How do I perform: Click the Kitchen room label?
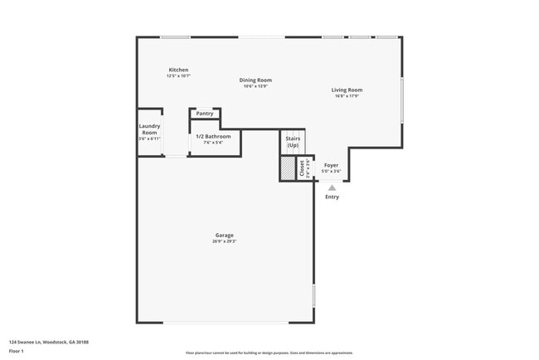click(x=178, y=70)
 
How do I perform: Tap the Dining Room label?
click(x=258, y=80)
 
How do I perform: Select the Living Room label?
click(x=347, y=90)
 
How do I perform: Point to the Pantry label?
click(x=205, y=114)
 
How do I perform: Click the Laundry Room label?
click(x=149, y=129)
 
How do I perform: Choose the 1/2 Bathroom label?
click(x=213, y=136)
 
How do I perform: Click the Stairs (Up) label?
click(x=293, y=142)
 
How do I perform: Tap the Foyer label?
click(x=332, y=166)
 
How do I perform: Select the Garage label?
click(x=225, y=236)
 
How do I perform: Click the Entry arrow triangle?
click(x=332, y=188)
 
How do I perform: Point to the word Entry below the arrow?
click(x=332, y=197)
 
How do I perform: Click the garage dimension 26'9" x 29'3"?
click(x=225, y=241)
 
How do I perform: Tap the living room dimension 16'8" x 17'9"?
click(x=347, y=95)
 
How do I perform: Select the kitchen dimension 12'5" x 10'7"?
click(x=178, y=75)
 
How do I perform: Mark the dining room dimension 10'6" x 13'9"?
click(x=258, y=86)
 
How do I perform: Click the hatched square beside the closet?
click(x=288, y=168)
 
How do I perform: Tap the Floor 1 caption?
click(x=17, y=351)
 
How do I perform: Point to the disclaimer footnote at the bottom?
click(x=269, y=353)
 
